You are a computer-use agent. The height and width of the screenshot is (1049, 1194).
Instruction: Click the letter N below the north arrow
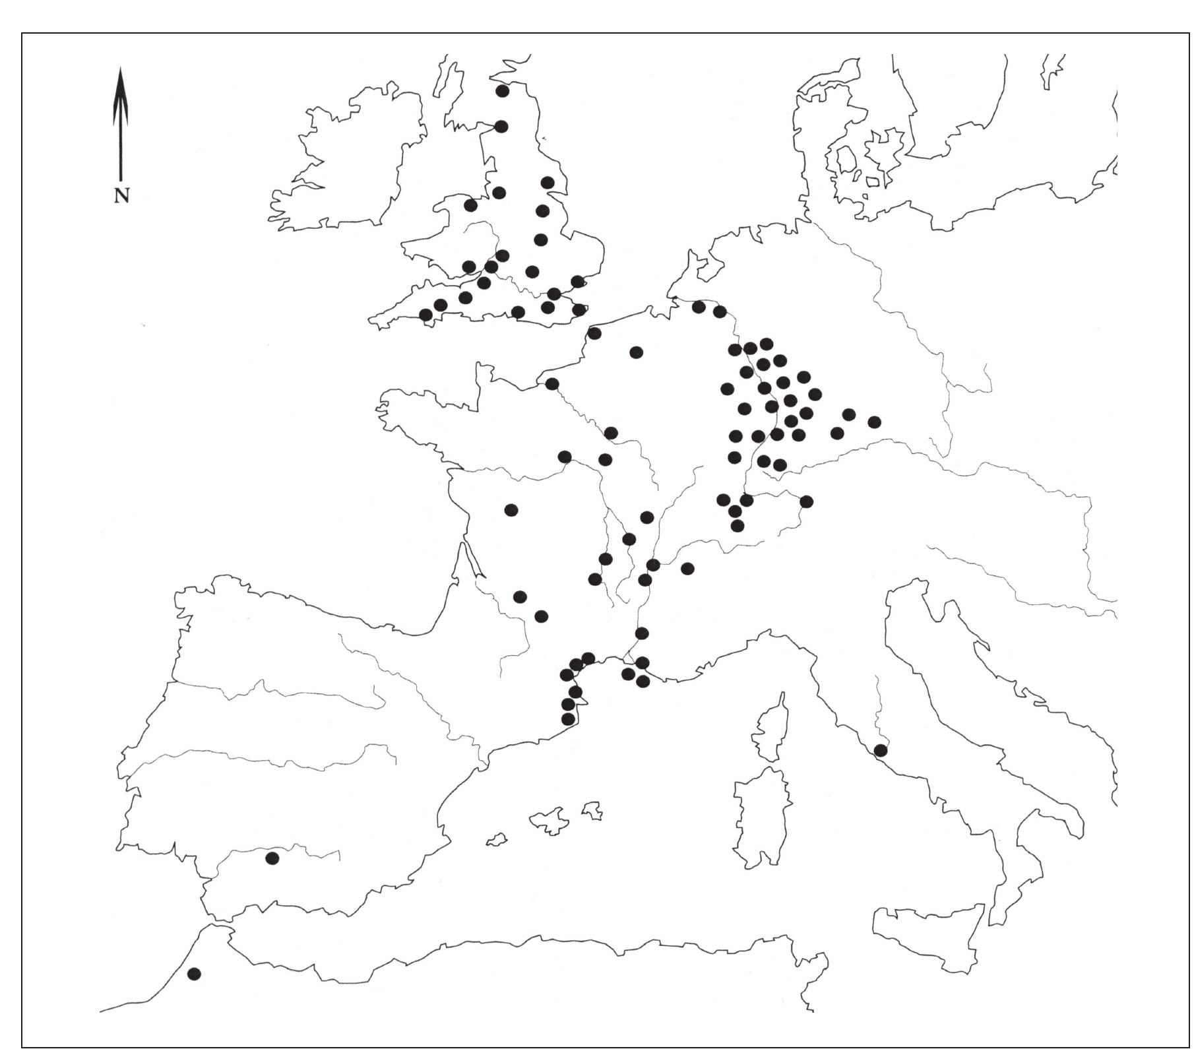coord(121,195)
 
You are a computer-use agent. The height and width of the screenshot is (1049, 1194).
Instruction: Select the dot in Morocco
coord(194,974)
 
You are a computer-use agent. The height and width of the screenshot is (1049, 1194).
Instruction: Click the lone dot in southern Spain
coord(272,858)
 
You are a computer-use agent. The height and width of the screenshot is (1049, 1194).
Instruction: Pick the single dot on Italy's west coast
coord(880,750)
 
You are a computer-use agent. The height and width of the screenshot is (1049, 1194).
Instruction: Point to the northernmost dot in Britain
coord(502,91)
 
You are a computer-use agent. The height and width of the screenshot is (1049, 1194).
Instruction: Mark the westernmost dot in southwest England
coord(426,315)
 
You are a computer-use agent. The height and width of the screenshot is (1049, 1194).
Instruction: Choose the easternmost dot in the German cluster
coord(875,422)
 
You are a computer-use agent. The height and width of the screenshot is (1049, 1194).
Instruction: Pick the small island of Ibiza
coord(497,841)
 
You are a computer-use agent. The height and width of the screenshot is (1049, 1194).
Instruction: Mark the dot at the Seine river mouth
coord(552,384)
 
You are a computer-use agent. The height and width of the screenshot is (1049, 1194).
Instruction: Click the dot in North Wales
coord(470,205)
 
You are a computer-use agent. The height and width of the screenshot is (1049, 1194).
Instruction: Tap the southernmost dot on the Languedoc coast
coord(567,719)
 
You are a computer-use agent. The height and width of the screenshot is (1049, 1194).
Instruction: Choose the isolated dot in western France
coord(511,510)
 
